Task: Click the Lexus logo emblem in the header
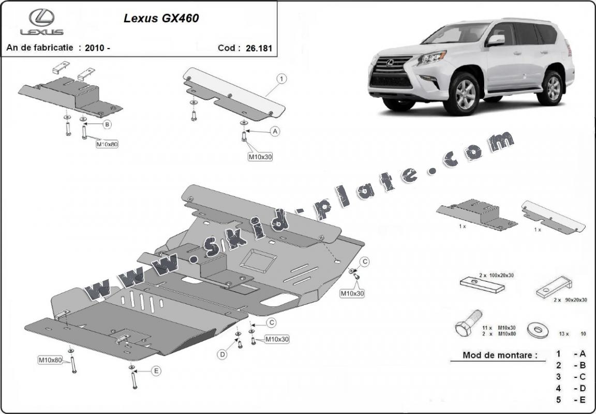click(x=42, y=18)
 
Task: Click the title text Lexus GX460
click(x=161, y=18)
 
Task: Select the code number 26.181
click(x=259, y=48)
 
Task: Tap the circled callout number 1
click(x=281, y=79)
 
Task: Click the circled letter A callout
click(x=275, y=131)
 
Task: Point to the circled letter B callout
click(x=107, y=124)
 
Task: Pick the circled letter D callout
click(x=222, y=355)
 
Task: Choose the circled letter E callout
click(x=156, y=371)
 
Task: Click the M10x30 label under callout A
click(x=260, y=156)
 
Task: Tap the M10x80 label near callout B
click(x=107, y=144)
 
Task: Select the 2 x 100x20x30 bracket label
click(x=497, y=275)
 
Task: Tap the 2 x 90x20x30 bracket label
click(x=570, y=300)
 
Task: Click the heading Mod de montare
click(x=500, y=355)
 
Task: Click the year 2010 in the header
click(x=97, y=48)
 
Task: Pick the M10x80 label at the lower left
click(x=50, y=360)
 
